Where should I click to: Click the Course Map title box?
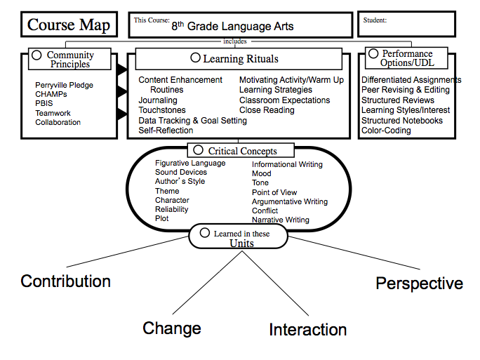(68, 26)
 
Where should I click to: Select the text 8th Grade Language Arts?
(234, 27)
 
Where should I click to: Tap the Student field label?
(375, 20)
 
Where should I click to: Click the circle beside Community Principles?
(36, 55)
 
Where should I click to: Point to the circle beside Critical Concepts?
(198, 150)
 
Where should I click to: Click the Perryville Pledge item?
(64, 86)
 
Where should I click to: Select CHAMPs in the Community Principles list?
(51, 95)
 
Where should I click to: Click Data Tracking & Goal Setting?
(192, 121)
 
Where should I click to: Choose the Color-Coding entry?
(386, 131)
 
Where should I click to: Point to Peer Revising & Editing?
(406, 90)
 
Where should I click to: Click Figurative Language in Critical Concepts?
(190, 164)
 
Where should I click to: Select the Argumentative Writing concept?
(289, 201)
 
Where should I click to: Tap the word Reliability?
(173, 209)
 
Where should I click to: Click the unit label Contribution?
(65, 281)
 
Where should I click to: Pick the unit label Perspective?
(419, 284)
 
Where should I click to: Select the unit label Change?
(172, 328)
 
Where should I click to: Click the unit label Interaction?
(307, 329)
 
